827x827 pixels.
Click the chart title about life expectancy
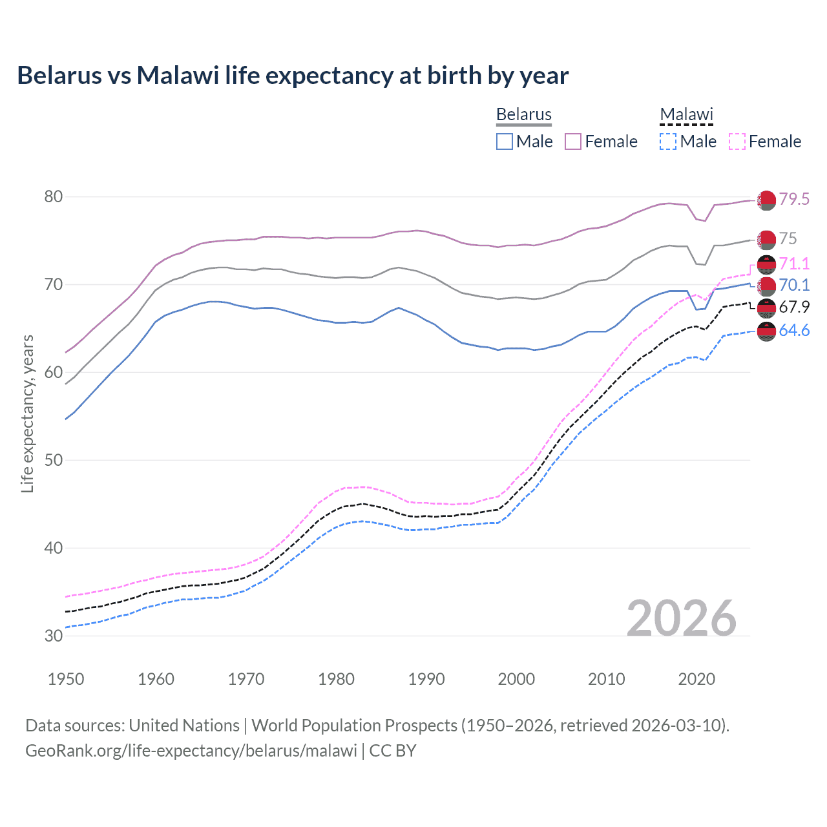coord(293,76)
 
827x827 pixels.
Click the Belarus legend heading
coord(523,114)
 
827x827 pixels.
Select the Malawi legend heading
coord(686,114)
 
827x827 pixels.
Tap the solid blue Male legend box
coord(505,141)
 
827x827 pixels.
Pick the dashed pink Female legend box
coord(737,141)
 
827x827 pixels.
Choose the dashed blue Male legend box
coord(668,141)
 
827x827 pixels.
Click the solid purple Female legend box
coord(573,141)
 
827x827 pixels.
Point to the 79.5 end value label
coord(794,199)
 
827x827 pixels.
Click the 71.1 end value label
coord(794,264)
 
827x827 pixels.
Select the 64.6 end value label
coord(794,331)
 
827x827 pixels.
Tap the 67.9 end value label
coord(794,308)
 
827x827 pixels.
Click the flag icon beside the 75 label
coord(766,240)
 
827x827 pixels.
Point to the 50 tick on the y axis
coord(54,460)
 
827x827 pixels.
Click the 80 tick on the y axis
coord(54,196)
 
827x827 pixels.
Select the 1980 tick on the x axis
coord(336,679)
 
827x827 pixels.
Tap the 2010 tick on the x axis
coord(606,679)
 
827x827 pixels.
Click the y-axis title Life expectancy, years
coord(27,413)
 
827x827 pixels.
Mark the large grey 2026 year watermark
coord(682,618)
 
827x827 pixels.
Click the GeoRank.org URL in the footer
coord(191,751)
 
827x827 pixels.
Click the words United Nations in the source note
coord(184,725)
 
